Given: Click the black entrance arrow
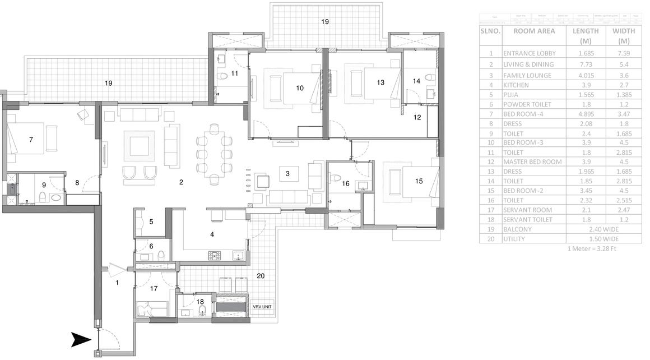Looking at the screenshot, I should click(x=80, y=339).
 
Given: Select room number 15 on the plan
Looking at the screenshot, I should click(x=419, y=181).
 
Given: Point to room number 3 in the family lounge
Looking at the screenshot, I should click(x=287, y=174).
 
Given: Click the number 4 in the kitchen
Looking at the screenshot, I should click(x=212, y=234).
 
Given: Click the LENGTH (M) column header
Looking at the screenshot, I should click(x=585, y=36).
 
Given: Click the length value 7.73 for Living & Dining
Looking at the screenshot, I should click(x=585, y=66).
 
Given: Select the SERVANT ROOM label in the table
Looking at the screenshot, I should click(x=527, y=210).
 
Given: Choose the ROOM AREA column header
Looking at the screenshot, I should click(x=534, y=31).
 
